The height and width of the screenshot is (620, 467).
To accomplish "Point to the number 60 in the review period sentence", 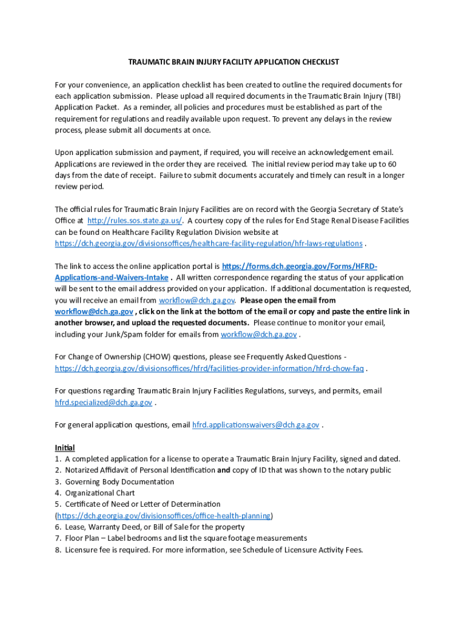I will pyautogui.click(x=392, y=164).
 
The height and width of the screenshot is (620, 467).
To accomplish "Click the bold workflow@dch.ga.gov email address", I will pyautogui.click(x=94, y=312).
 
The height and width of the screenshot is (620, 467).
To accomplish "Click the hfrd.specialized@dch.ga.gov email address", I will pyautogui.click(x=103, y=403).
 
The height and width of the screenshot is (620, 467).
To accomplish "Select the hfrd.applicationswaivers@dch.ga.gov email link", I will pyautogui.click(x=255, y=425).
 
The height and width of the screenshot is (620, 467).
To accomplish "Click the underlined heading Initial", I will pyautogui.click(x=65, y=448).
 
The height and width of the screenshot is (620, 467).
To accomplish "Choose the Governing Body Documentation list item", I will pyautogui.click(x=119, y=482).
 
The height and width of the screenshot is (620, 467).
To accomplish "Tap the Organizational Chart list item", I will pyautogui.click(x=100, y=493).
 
